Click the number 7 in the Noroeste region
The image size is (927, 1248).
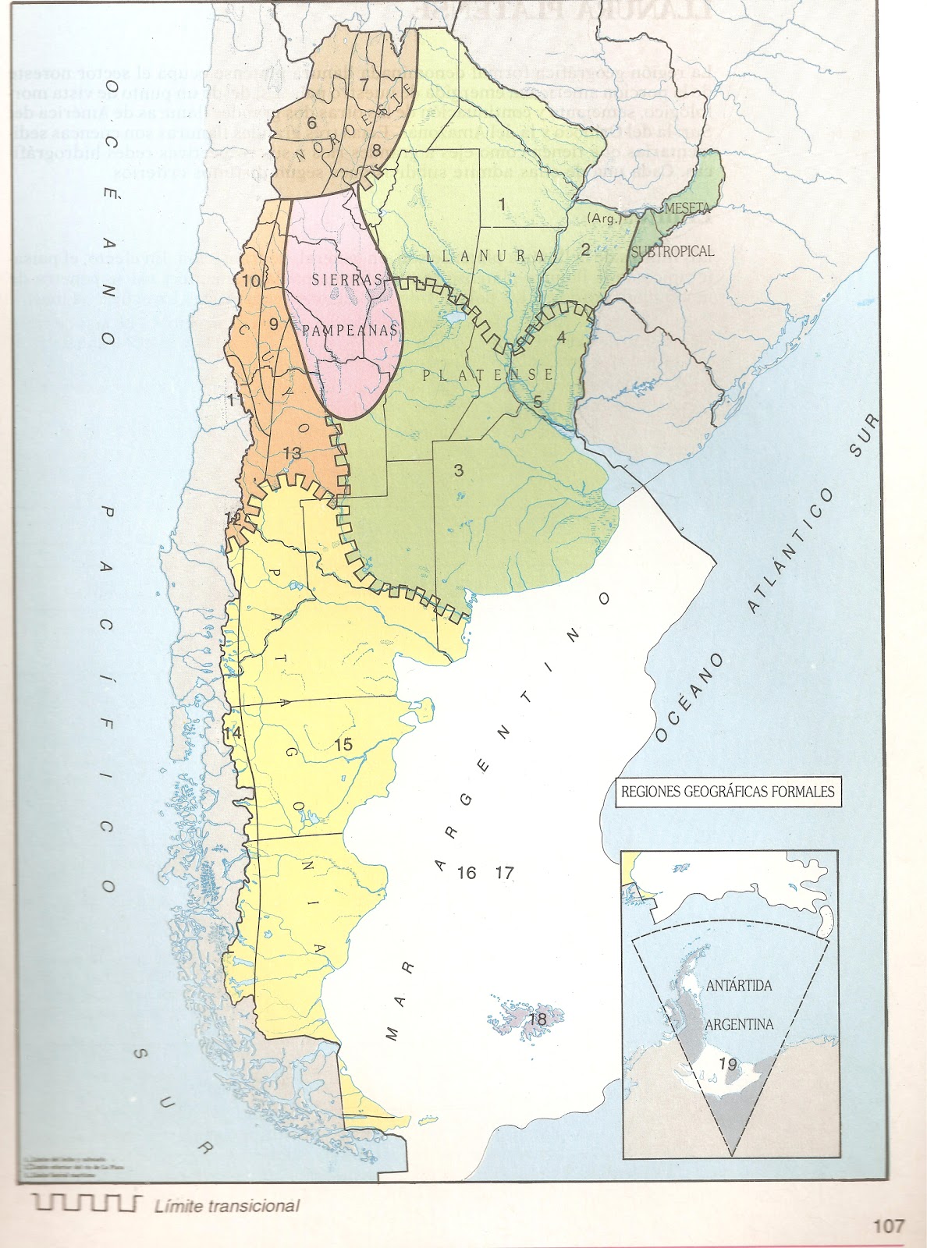tap(364, 83)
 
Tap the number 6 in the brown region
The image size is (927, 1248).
tap(311, 122)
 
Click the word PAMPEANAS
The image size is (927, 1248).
tap(350, 330)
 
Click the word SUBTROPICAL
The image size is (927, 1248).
tap(673, 251)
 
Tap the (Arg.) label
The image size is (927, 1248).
tap(606, 218)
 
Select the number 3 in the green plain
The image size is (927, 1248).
tap(459, 470)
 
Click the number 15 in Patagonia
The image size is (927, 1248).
tap(343, 744)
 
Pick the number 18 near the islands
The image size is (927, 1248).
tap(536, 1019)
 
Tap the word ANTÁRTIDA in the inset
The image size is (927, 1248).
tap(738, 986)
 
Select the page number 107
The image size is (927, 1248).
tap(888, 1225)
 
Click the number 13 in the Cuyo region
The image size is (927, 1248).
tap(292, 453)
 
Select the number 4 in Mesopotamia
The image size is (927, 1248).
tap(561, 338)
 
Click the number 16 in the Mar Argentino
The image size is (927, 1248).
tap(467, 873)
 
